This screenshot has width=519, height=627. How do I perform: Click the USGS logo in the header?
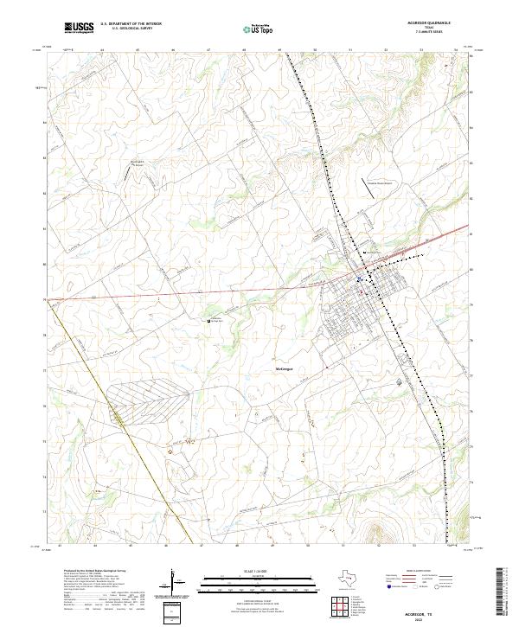79,29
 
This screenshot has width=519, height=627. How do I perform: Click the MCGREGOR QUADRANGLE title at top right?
438,22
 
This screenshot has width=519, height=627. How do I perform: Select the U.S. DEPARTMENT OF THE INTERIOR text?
125,23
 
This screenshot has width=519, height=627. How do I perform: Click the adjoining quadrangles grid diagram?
341,605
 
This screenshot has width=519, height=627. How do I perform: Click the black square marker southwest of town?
208,321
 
